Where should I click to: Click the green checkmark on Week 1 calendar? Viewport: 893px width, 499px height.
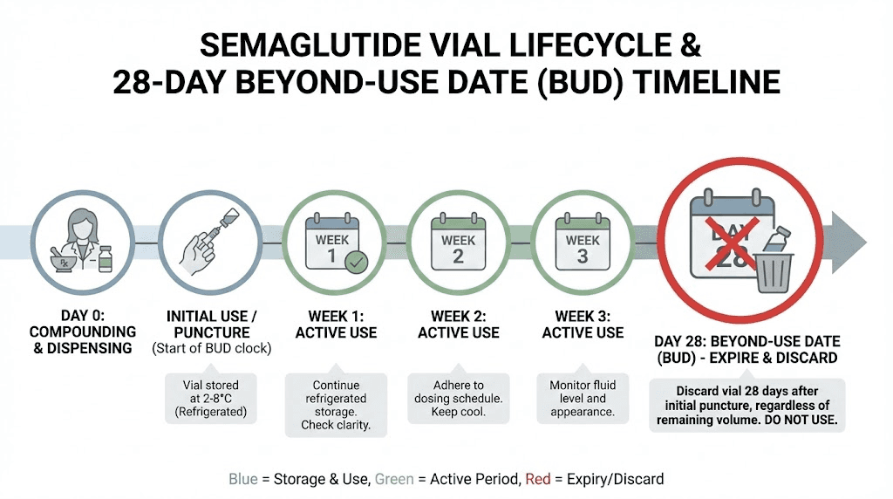356,261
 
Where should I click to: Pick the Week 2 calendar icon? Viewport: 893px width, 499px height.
458,245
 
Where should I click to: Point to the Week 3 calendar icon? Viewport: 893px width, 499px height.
583,245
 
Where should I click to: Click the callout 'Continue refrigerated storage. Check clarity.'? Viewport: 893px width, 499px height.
335,405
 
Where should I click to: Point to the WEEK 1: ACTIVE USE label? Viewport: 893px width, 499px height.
335,324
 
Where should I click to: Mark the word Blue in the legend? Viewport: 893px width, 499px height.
243,479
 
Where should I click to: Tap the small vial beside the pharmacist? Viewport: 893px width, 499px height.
106,258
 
